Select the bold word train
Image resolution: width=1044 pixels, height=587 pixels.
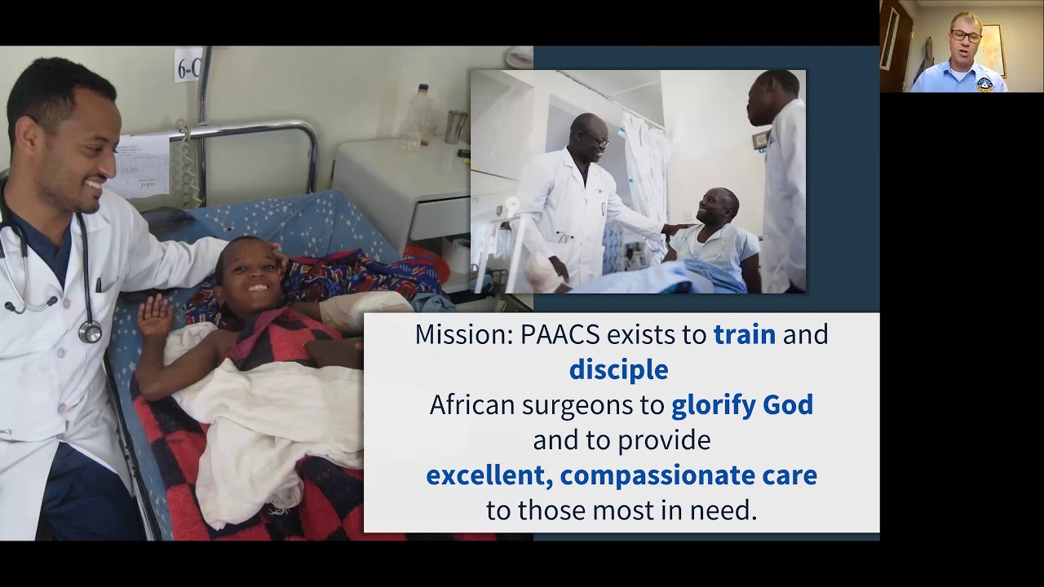[744, 335]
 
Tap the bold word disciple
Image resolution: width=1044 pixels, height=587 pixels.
[618, 370]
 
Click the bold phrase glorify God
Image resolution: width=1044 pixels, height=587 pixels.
[741, 405]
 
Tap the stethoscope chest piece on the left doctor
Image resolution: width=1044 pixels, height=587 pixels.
[90, 331]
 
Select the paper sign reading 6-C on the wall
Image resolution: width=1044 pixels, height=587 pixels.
[188, 64]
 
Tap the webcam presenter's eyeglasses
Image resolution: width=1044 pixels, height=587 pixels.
[966, 36]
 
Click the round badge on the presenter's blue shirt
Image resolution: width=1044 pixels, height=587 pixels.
[984, 83]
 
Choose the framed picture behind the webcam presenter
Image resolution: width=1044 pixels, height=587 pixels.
[993, 49]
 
